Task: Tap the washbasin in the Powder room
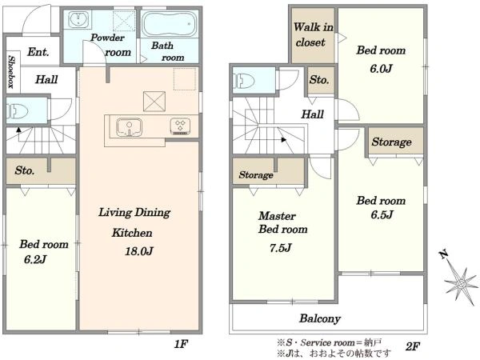78,20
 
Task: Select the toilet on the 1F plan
18,110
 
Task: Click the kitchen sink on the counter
129,127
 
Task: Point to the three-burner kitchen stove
180,126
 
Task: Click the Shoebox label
11,72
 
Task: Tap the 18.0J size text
138,252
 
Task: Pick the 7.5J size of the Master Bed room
281,248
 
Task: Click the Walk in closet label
313,34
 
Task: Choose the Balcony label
320,318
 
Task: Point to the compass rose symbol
461,284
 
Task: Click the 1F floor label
181,344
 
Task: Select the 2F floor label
412,347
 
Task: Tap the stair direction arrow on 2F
284,140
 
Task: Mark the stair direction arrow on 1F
19,130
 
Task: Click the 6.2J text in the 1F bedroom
35,259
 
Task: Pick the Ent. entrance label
38,52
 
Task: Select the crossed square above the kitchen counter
154,102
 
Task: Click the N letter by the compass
443,254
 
